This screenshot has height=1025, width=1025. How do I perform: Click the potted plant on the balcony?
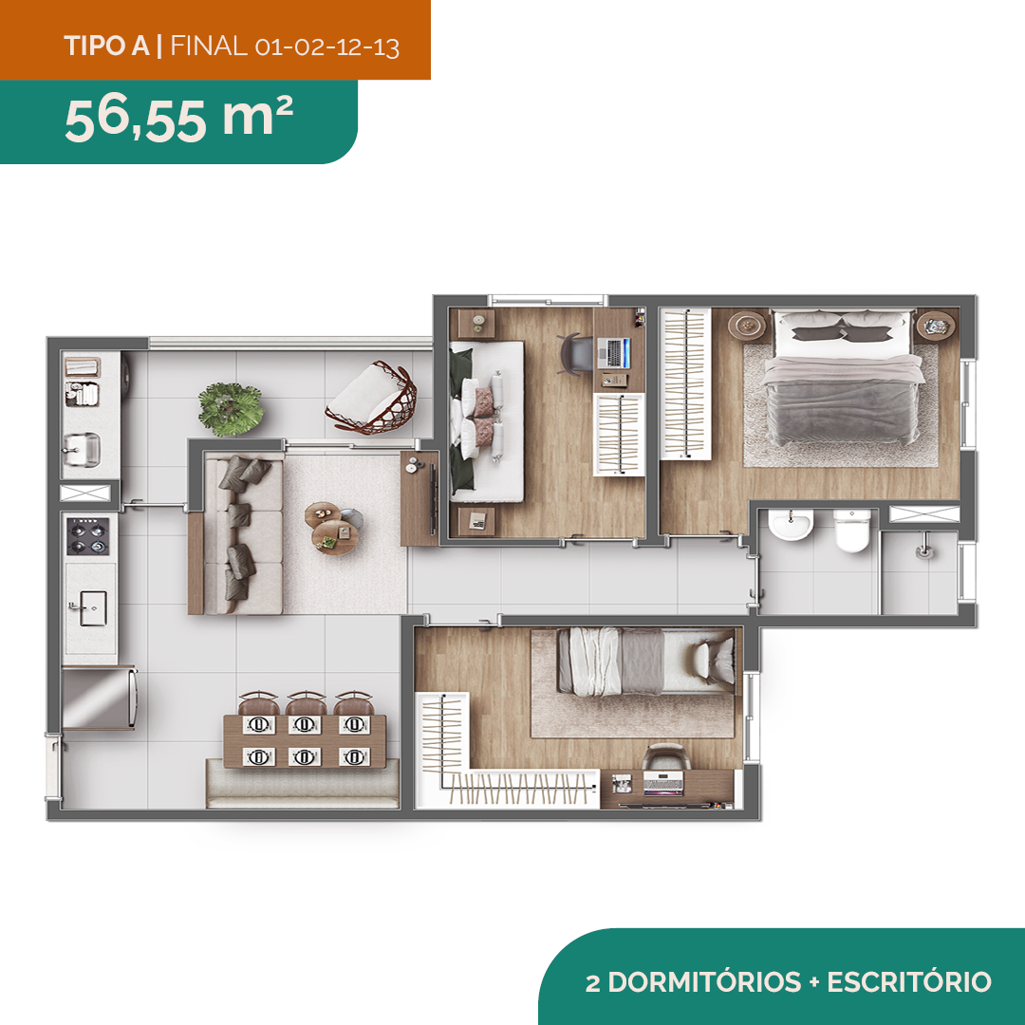(231, 409)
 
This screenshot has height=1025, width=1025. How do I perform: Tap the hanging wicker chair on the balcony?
(373, 398)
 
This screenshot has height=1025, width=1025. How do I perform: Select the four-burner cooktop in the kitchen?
(88, 536)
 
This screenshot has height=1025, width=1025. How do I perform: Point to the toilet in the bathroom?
(851, 531)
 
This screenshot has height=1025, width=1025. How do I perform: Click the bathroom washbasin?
(791, 524)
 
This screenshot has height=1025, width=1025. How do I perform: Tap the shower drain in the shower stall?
(924, 552)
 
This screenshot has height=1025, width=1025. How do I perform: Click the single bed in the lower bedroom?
(646, 661)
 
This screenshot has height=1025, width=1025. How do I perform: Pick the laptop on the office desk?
(614, 353)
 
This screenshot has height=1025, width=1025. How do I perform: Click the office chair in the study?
(574, 354)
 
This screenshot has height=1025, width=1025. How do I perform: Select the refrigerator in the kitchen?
(100, 698)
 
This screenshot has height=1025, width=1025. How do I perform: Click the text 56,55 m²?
(178, 119)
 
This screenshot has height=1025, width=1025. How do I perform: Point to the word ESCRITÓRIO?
(909, 982)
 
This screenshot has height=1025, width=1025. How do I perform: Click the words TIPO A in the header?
(107, 47)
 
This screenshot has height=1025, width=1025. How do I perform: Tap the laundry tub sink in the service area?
(81, 451)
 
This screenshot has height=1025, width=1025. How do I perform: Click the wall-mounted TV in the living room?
(432, 498)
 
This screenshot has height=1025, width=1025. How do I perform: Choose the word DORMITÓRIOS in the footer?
(704, 982)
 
